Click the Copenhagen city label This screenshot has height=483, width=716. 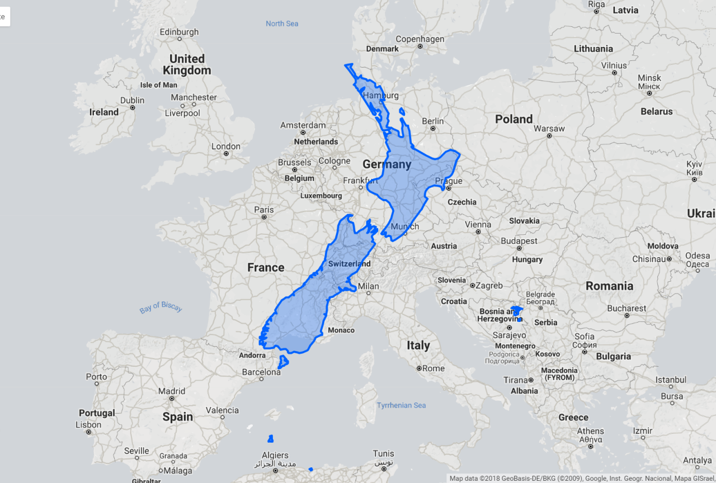click(x=420, y=39)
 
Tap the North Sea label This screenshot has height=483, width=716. click(x=282, y=23)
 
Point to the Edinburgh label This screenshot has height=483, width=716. click(x=179, y=32)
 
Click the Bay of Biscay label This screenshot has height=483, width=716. click(x=161, y=307)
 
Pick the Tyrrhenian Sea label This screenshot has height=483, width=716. click(x=401, y=405)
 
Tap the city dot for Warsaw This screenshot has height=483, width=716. click(x=549, y=136)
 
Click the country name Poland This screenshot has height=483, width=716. click(x=514, y=119)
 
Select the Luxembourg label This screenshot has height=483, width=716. click(x=321, y=196)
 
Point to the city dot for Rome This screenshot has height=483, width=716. click(x=419, y=368)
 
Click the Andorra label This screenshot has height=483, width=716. click(x=252, y=355)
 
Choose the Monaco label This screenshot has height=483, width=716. click(x=341, y=330)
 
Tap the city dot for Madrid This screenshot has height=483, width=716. click(x=172, y=399)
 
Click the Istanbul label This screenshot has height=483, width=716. click(x=671, y=380)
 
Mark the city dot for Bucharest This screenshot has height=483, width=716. click(x=627, y=315)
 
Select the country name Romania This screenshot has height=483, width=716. click(x=609, y=286)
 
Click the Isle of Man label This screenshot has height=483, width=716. click(x=158, y=85)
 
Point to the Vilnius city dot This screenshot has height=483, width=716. click(x=614, y=73)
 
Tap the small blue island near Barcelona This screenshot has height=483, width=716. click(x=283, y=362)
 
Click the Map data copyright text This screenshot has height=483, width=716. click(x=582, y=478)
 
